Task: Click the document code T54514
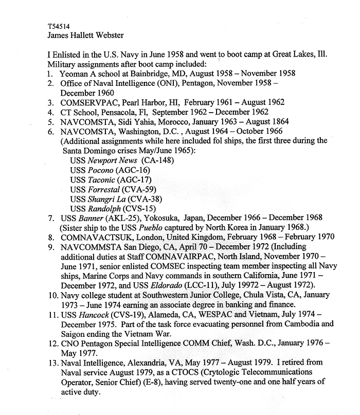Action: point(57,25)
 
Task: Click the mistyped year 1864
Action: point(278,122)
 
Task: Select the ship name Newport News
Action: point(111,160)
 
